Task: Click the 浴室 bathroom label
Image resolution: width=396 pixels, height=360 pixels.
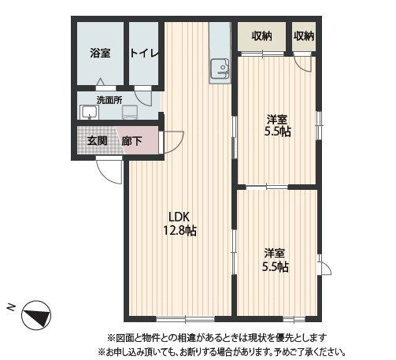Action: pos(99,53)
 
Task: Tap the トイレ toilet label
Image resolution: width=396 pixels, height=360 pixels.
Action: pos(144,53)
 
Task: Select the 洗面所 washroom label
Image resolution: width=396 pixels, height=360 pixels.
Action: pos(109,100)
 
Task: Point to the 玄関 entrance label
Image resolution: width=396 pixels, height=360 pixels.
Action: pos(97,141)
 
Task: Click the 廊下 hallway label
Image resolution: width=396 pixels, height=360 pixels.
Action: pos(131,141)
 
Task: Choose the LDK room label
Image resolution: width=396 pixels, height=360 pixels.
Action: pos(179,217)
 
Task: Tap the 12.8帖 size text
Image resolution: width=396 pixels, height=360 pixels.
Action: pos(179,231)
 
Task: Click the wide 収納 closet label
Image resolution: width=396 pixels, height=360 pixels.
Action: pos(262,35)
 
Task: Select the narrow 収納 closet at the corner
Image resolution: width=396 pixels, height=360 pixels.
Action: pos(304,35)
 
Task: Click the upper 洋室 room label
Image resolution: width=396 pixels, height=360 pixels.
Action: pos(276,119)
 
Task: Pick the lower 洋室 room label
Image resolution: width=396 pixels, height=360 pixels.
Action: pos(274,253)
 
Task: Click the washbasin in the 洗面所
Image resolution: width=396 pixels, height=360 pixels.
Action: pos(88,111)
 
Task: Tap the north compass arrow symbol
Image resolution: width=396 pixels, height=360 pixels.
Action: pos(35,317)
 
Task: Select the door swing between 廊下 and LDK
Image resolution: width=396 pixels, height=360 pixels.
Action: pos(172,143)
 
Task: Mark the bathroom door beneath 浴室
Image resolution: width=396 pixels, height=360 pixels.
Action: pos(101,82)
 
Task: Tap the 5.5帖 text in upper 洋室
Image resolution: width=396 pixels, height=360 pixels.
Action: pos(276,132)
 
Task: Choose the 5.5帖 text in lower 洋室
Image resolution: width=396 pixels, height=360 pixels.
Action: pos(274,266)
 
